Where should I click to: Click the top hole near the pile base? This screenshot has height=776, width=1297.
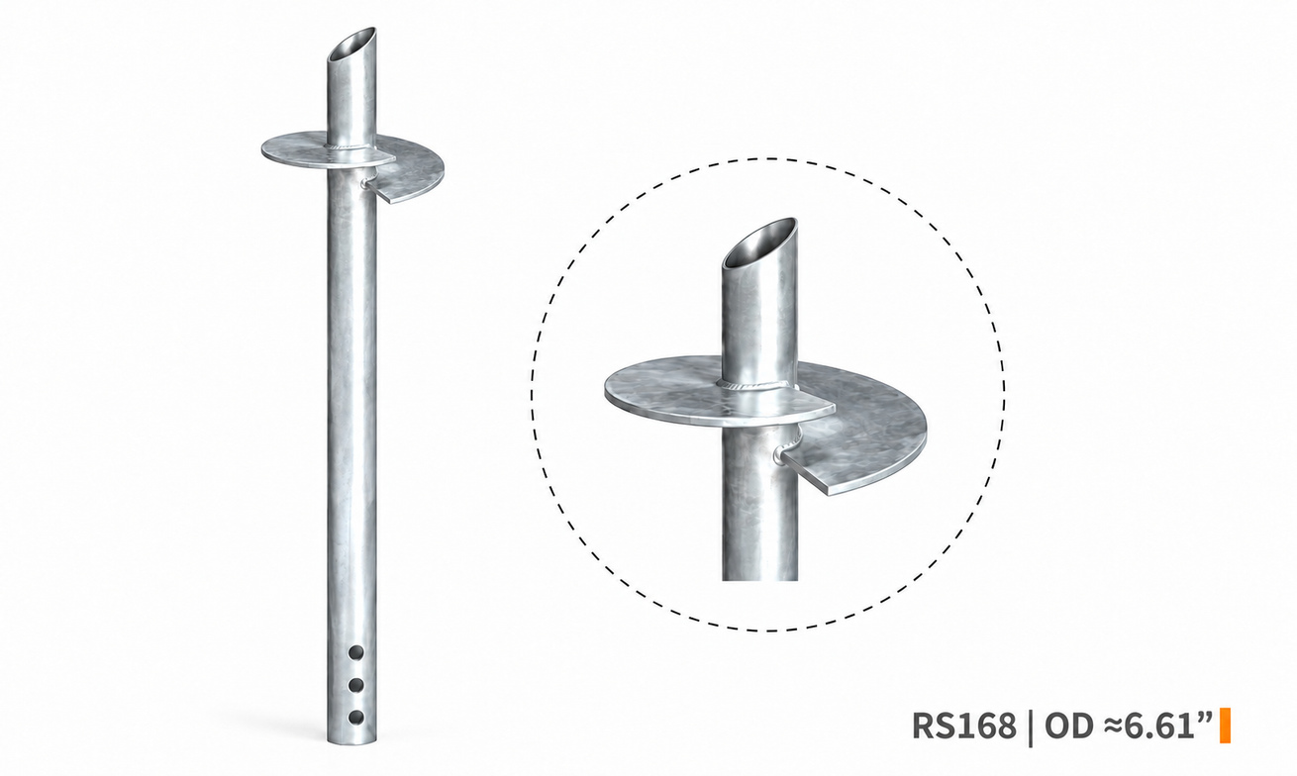coord(356,653)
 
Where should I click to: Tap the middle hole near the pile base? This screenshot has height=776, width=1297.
coord(356,686)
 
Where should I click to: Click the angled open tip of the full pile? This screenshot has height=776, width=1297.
coord(352,44)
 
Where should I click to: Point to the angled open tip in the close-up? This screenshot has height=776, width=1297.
coord(759,242)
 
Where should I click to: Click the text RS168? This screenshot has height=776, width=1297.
coord(964,726)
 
